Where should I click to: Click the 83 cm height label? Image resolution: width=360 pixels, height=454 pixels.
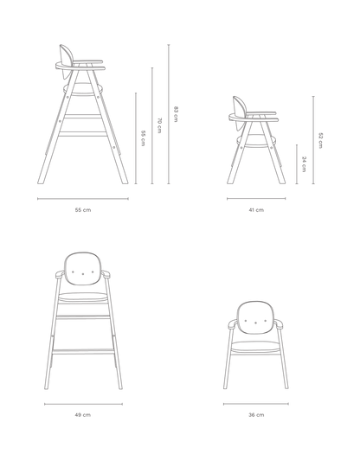176,114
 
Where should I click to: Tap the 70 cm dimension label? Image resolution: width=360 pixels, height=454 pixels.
159,125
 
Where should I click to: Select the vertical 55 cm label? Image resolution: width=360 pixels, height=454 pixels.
143,138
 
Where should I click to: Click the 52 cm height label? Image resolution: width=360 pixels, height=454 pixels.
320,140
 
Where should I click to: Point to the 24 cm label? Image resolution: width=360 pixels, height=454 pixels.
304,164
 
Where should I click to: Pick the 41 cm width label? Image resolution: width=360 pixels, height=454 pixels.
256,210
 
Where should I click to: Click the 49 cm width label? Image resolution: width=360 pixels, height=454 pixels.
83,415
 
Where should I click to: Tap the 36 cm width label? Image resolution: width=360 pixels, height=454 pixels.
256,415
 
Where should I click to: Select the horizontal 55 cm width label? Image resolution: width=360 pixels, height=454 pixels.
83,210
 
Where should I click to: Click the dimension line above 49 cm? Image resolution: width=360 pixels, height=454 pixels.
83,404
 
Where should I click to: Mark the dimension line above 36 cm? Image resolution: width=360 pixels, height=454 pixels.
256,404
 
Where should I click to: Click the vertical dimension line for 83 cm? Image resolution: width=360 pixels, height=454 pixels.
169,114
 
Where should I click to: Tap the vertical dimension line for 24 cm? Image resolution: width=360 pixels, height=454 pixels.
297,164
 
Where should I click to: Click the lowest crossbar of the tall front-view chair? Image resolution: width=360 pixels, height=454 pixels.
83,352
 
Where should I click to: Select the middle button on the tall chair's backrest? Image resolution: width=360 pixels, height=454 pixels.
83,273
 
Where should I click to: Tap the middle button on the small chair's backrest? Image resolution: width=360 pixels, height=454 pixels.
255,323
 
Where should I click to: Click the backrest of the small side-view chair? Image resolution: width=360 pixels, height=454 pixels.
241,106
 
